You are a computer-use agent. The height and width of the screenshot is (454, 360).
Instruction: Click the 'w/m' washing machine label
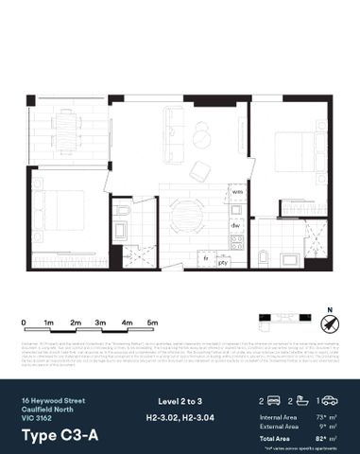236,191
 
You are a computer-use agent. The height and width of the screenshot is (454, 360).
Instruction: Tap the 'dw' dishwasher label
235,226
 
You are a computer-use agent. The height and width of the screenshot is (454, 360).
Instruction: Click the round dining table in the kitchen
184,212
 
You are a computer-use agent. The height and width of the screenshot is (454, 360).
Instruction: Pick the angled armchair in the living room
201,170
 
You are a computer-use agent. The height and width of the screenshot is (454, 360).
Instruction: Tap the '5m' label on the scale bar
152,323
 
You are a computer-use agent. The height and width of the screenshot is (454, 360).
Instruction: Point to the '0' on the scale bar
23,323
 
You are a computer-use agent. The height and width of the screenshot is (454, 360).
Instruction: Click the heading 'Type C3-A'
56,435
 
